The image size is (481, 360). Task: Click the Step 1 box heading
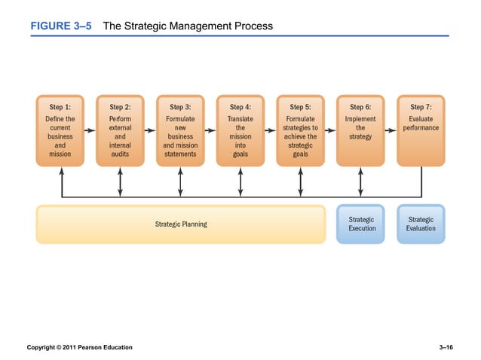60,107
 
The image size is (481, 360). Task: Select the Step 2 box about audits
120,132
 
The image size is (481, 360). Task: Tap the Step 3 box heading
180,107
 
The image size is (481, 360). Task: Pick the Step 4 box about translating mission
240,132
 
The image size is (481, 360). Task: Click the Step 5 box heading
300,107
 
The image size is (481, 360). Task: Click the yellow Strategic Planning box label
181,224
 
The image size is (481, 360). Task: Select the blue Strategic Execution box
361,224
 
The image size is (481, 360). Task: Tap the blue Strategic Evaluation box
421,224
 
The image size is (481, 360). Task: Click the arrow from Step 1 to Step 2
89,130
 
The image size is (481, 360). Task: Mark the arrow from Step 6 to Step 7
390,130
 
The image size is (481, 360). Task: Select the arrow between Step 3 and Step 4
210,130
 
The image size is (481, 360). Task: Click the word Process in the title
253,26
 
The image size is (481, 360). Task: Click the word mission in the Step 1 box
60,154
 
